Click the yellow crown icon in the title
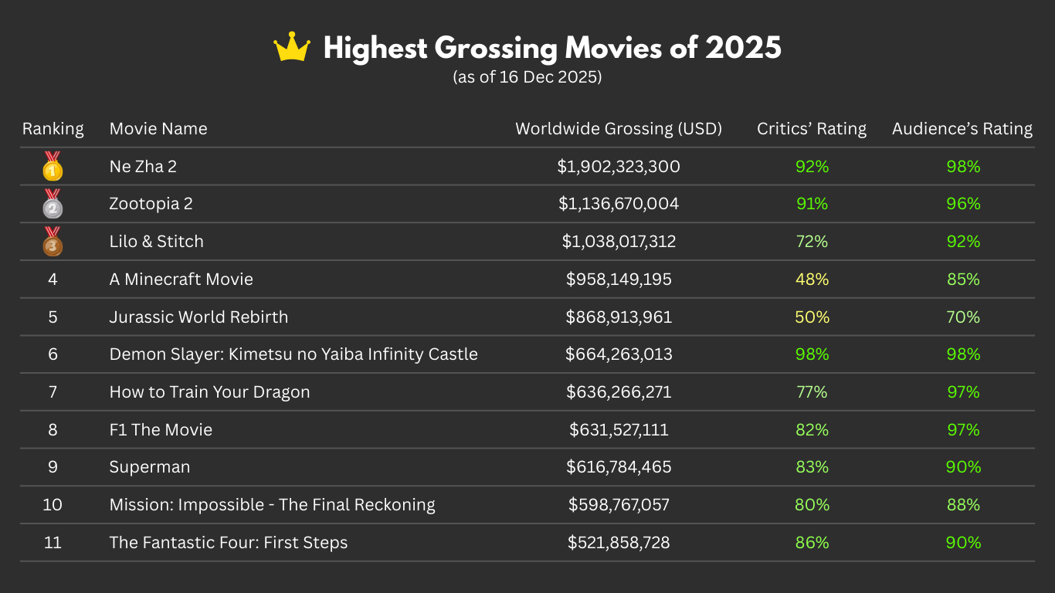tap(292, 48)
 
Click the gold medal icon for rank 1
tap(53, 167)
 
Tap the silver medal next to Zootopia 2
tap(53, 204)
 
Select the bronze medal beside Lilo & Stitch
tap(53, 242)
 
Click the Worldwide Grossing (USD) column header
tap(619, 129)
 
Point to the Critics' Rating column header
tap(812, 129)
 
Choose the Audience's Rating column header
tap(962, 129)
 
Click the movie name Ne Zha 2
tap(143, 167)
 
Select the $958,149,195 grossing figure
tap(619, 280)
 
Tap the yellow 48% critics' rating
tap(812, 280)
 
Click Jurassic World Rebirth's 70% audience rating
tap(963, 317)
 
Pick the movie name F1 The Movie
tap(161, 430)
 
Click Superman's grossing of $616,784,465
tap(619, 467)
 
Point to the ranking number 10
tap(53, 505)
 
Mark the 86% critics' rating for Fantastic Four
tap(812, 543)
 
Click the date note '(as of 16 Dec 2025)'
tap(527, 77)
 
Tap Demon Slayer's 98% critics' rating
tap(812, 354)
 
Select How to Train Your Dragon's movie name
tap(209, 392)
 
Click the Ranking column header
tap(53, 129)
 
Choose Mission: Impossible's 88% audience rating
tap(963, 505)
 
